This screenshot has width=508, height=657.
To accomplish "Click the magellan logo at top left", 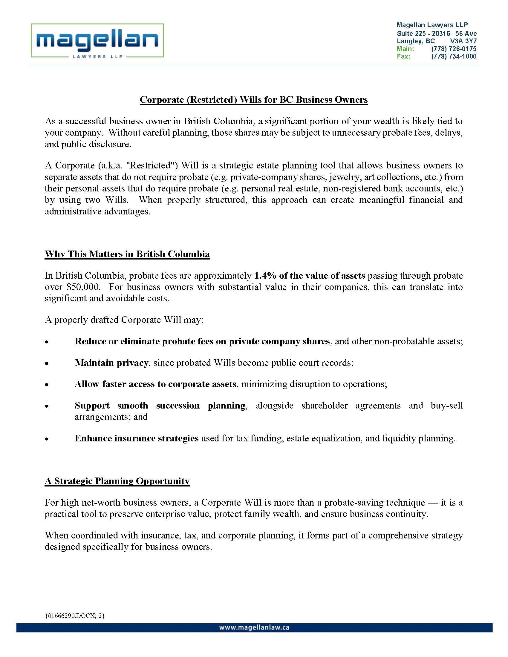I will click(97, 41).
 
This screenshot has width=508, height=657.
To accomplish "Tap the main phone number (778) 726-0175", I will click(454, 49).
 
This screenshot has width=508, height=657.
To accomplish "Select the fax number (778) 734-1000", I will click(454, 56).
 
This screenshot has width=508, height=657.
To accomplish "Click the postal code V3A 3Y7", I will click(463, 41).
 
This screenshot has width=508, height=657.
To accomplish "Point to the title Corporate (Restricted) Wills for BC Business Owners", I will click(254, 99).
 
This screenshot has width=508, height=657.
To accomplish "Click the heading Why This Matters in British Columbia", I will click(127, 254).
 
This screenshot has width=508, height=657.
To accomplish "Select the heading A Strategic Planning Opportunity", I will click(117, 481).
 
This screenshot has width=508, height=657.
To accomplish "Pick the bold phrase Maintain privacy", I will click(111, 363).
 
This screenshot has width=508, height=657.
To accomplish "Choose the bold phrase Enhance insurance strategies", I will click(137, 438).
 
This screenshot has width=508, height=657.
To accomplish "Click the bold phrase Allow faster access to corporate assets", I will click(155, 384).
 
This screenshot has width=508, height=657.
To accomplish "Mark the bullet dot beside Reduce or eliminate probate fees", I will click(47, 342).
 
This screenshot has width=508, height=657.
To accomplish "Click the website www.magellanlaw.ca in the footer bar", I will click(254, 628).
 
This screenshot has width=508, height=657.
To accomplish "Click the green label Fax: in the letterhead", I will click(403, 56).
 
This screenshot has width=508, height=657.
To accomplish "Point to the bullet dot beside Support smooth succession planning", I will click(47, 406).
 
